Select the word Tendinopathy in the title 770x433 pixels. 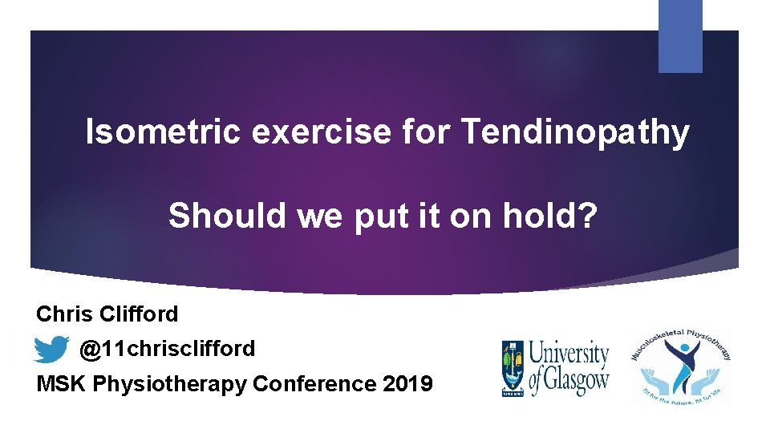coord(574,132)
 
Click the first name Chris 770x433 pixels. coord(64,314)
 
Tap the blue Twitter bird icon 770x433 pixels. coord(51,350)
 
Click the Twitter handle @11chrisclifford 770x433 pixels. coord(167,349)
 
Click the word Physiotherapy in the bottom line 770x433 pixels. coord(170,384)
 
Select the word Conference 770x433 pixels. coord(314,384)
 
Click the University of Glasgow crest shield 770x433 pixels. coord(513,366)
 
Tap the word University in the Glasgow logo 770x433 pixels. coord(570,353)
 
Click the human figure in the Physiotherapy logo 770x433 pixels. coord(681,360)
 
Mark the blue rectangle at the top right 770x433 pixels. coord(680,36)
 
